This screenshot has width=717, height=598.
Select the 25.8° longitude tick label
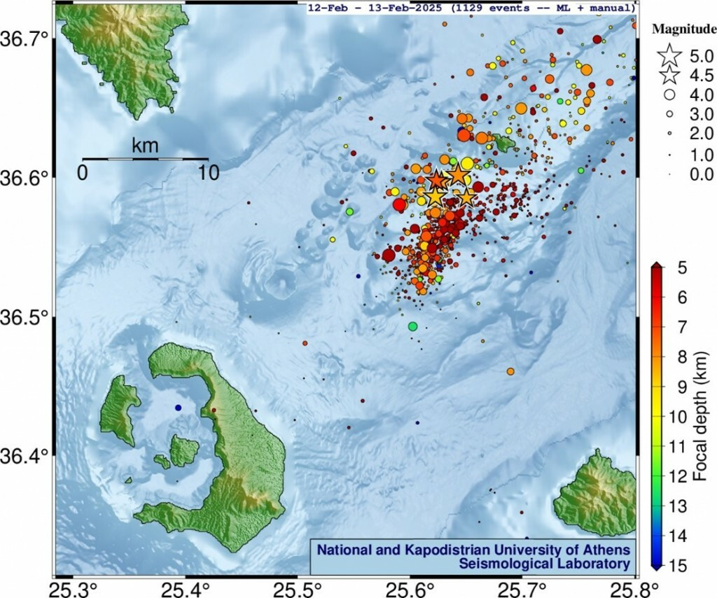(635, 586)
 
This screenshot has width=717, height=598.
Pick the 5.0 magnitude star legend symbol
(670, 53)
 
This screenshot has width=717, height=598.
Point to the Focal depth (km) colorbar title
(699, 417)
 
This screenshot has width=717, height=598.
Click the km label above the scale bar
(145, 146)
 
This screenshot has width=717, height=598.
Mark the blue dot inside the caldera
(179, 408)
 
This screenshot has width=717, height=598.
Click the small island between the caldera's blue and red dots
(184, 450)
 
